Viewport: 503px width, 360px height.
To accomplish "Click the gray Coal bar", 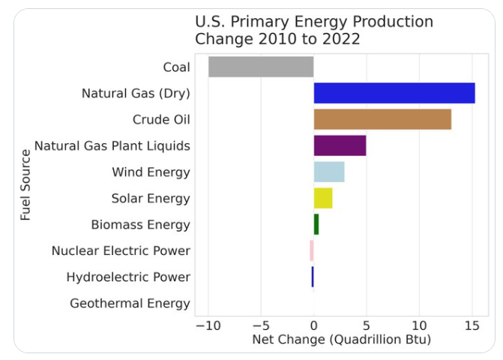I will click(261, 67).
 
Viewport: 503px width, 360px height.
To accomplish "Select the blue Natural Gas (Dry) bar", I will click(394, 93).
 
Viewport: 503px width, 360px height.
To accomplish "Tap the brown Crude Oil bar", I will click(382, 119).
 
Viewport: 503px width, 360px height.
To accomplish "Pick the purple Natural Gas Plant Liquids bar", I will click(340, 145).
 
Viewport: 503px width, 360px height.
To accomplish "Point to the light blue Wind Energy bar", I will click(329, 172).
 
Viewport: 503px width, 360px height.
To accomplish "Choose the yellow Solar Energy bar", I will click(323, 198).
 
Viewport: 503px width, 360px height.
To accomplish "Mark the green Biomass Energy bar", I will click(316, 224).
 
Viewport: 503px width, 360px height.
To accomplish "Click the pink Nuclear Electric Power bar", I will click(312, 250).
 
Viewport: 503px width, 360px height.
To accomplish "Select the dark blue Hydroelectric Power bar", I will click(313, 277).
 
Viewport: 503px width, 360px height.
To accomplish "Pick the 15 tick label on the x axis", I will click(472, 326).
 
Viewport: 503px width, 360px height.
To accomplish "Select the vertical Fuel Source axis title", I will click(26, 184).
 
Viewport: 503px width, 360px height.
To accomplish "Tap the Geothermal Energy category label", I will click(130, 304).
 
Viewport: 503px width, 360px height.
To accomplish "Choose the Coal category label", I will click(176, 67).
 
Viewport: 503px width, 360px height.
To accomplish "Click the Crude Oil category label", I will click(161, 120).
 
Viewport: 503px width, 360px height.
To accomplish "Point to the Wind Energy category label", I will click(151, 172).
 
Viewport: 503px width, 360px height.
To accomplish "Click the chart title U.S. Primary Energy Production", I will click(314, 22).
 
